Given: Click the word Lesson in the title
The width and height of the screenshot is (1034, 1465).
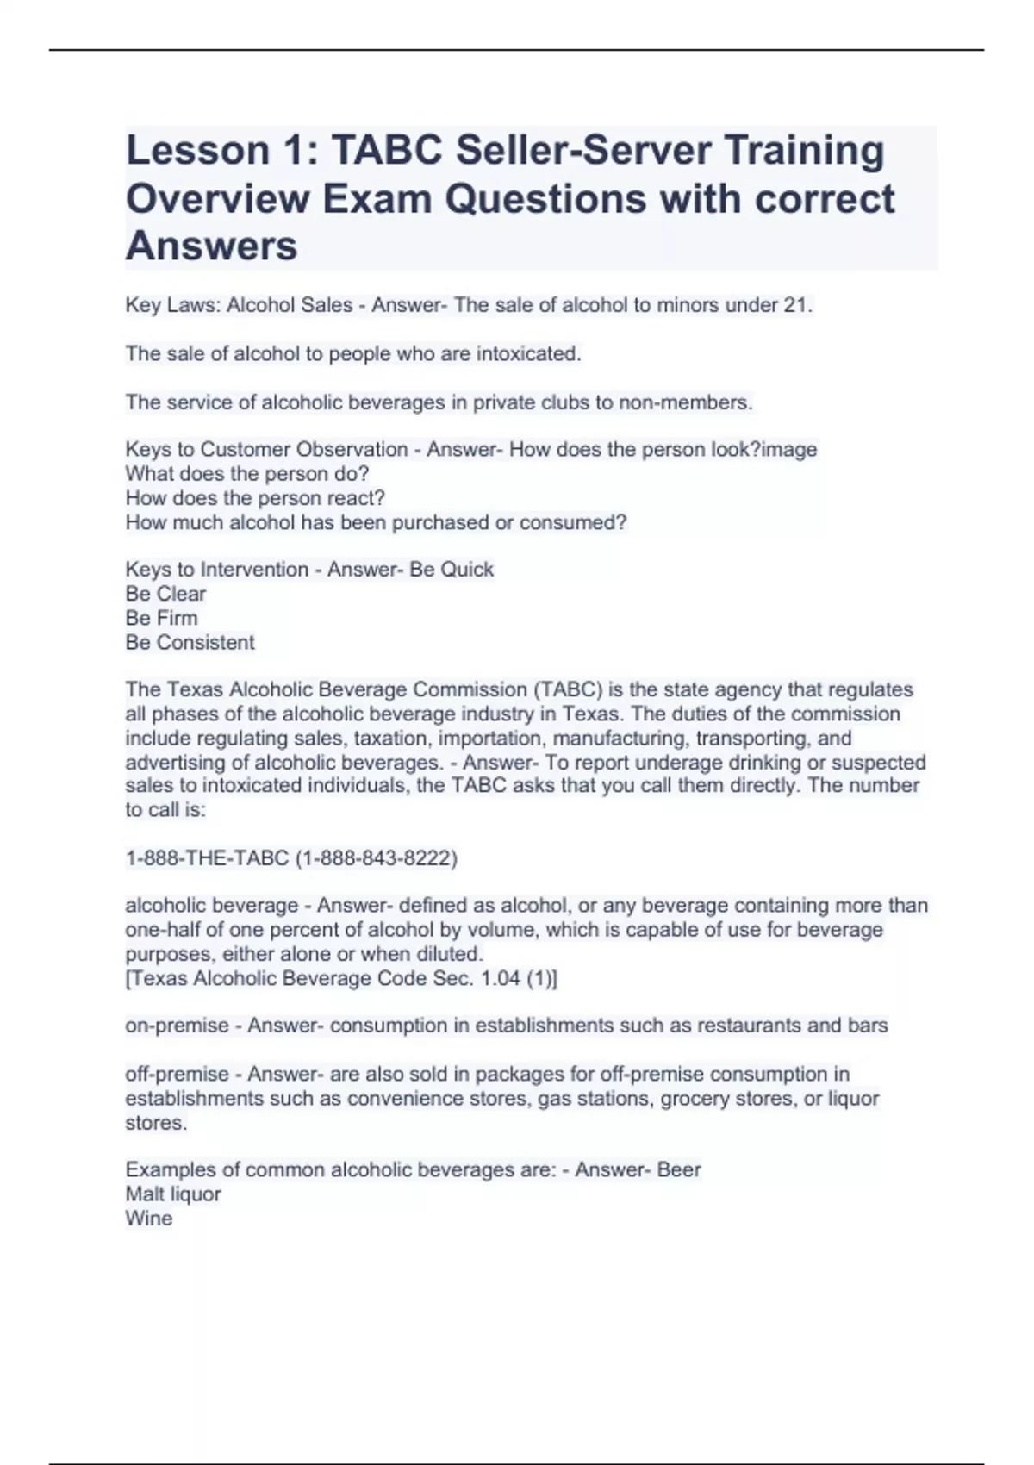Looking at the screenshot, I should point(197,150).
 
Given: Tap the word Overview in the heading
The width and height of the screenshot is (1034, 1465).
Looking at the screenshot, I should point(217,198).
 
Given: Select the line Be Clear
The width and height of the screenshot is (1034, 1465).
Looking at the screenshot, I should point(165,594).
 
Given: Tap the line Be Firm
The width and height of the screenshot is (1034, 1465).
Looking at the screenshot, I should point(161,618).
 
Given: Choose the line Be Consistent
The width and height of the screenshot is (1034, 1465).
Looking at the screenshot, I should point(190,642).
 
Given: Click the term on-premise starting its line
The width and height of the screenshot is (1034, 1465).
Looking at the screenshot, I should point(177,1025).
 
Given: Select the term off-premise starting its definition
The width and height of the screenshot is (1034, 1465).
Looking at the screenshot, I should point(177,1074).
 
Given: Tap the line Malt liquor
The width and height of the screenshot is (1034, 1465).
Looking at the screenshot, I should point(172,1194).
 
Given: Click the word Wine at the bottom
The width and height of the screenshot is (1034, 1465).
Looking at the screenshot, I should point(148,1219).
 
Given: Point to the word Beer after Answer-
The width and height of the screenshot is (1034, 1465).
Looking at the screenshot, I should point(679,1170).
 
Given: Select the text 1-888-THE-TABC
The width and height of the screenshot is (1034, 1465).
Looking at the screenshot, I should point(207,858).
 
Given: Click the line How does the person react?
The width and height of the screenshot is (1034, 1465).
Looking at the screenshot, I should point(255,498).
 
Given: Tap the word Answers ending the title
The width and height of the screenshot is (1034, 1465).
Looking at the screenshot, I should point(211,246).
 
